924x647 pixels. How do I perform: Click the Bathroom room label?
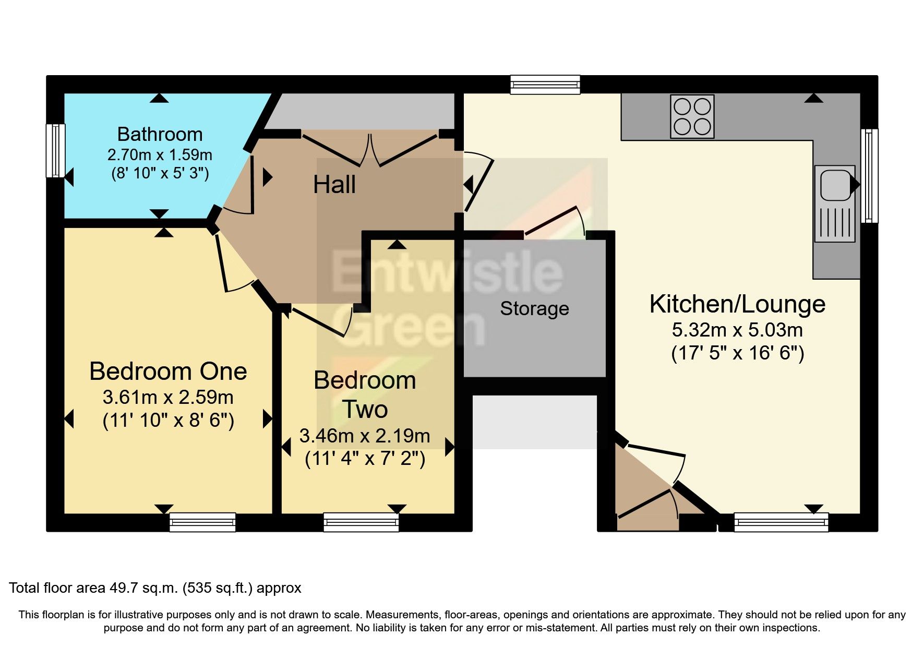click(x=160, y=135)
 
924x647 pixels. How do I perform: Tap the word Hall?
click(x=334, y=185)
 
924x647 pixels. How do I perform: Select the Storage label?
click(x=534, y=309)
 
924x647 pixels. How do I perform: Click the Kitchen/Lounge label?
click(x=737, y=304)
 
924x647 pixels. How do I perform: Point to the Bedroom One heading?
click(x=168, y=372)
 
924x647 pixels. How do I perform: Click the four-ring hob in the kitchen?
click(x=692, y=116)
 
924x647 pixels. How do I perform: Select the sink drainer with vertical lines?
click(x=835, y=222)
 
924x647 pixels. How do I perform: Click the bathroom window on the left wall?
click(x=55, y=150)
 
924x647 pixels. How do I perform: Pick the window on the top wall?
click(x=545, y=85)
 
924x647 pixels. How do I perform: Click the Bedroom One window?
click(x=202, y=522)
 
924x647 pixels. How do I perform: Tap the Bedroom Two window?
click(x=361, y=522)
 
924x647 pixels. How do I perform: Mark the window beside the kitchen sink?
click(x=869, y=176)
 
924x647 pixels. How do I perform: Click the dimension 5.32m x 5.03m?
click(x=737, y=330)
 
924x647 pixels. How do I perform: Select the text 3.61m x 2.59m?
click(x=168, y=398)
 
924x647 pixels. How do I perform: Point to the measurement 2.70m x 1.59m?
click(x=160, y=155)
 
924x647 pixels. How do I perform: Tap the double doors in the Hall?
click(x=369, y=150)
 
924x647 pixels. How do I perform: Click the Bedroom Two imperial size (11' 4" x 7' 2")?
click(x=365, y=459)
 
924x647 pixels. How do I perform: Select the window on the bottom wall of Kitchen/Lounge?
click(x=781, y=522)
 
